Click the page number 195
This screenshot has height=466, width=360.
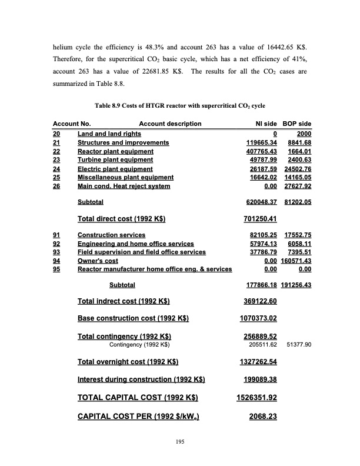coord(180,442)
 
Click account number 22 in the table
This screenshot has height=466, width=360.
coord(57,151)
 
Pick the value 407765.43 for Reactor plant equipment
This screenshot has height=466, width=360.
coord(261,151)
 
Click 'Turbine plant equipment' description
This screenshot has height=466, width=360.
coord(115,160)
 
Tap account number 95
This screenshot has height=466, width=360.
coord(57,269)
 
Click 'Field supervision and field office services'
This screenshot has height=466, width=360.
coord(142,252)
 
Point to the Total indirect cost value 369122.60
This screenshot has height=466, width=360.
coord(256,301)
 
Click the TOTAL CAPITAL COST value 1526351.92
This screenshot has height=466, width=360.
coord(256,397)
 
